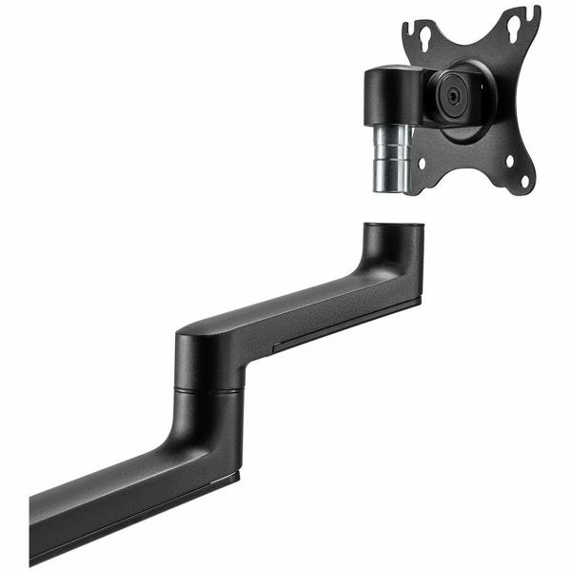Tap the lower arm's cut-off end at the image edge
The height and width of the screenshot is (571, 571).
pyautogui.click(x=36, y=528)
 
